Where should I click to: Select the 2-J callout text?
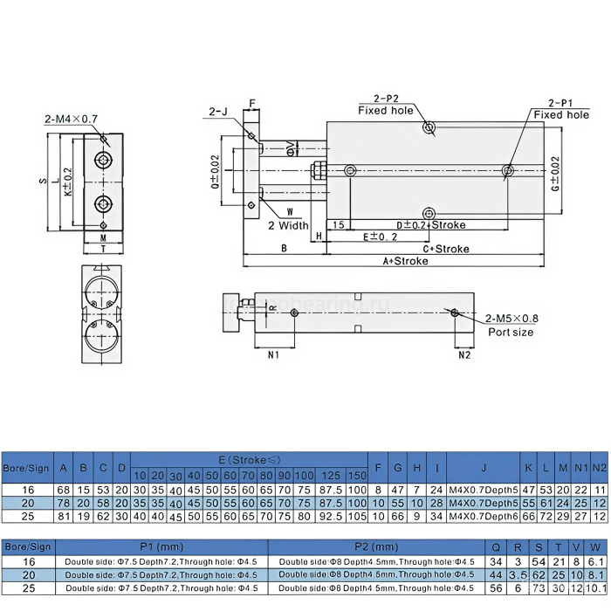(218, 111)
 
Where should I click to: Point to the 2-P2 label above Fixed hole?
(385, 98)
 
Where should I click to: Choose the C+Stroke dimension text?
(446, 249)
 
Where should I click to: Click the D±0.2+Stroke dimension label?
(431, 225)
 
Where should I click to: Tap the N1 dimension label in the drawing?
(272, 355)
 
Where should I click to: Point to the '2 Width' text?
(288, 225)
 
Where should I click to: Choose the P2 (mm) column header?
(375, 546)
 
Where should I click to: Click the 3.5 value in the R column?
(518, 574)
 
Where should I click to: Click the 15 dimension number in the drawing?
(338, 225)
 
